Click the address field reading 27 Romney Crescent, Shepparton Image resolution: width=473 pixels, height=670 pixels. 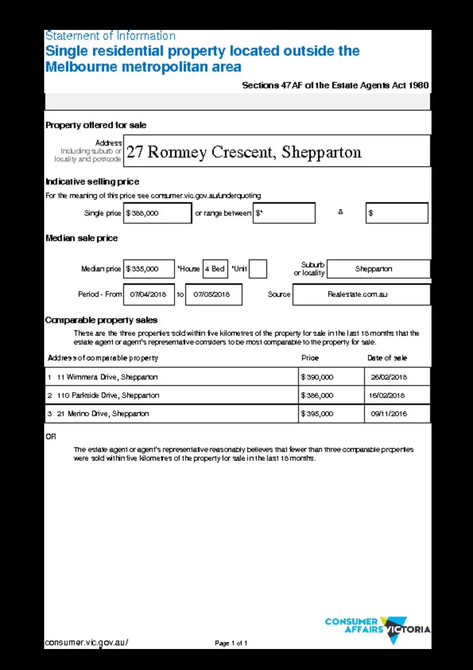(x=277, y=151)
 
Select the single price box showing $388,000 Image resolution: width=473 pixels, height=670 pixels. (x=158, y=213)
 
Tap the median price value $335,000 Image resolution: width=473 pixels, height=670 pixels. (x=149, y=269)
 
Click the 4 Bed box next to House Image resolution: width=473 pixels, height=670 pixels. (x=215, y=269)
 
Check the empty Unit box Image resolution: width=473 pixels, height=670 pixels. (x=257, y=269)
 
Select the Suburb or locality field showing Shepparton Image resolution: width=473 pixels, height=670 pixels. (x=378, y=269)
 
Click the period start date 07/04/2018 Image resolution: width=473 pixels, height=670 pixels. (x=149, y=294)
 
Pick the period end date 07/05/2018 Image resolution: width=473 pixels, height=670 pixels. (x=213, y=294)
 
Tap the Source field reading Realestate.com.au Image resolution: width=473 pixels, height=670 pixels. (x=361, y=294)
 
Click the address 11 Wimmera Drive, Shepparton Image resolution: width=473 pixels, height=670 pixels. (x=107, y=377)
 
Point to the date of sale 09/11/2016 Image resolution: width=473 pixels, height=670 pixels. (x=389, y=414)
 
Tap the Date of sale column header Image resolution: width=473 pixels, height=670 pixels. (x=387, y=358)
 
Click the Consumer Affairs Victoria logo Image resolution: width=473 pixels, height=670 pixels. (x=378, y=628)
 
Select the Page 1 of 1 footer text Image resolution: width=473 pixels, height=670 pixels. (x=231, y=643)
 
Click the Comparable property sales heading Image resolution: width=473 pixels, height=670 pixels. (x=101, y=320)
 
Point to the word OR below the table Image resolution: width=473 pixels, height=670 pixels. (x=51, y=436)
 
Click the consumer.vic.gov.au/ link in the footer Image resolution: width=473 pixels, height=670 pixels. (x=87, y=643)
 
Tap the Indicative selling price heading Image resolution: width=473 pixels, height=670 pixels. (x=92, y=182)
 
